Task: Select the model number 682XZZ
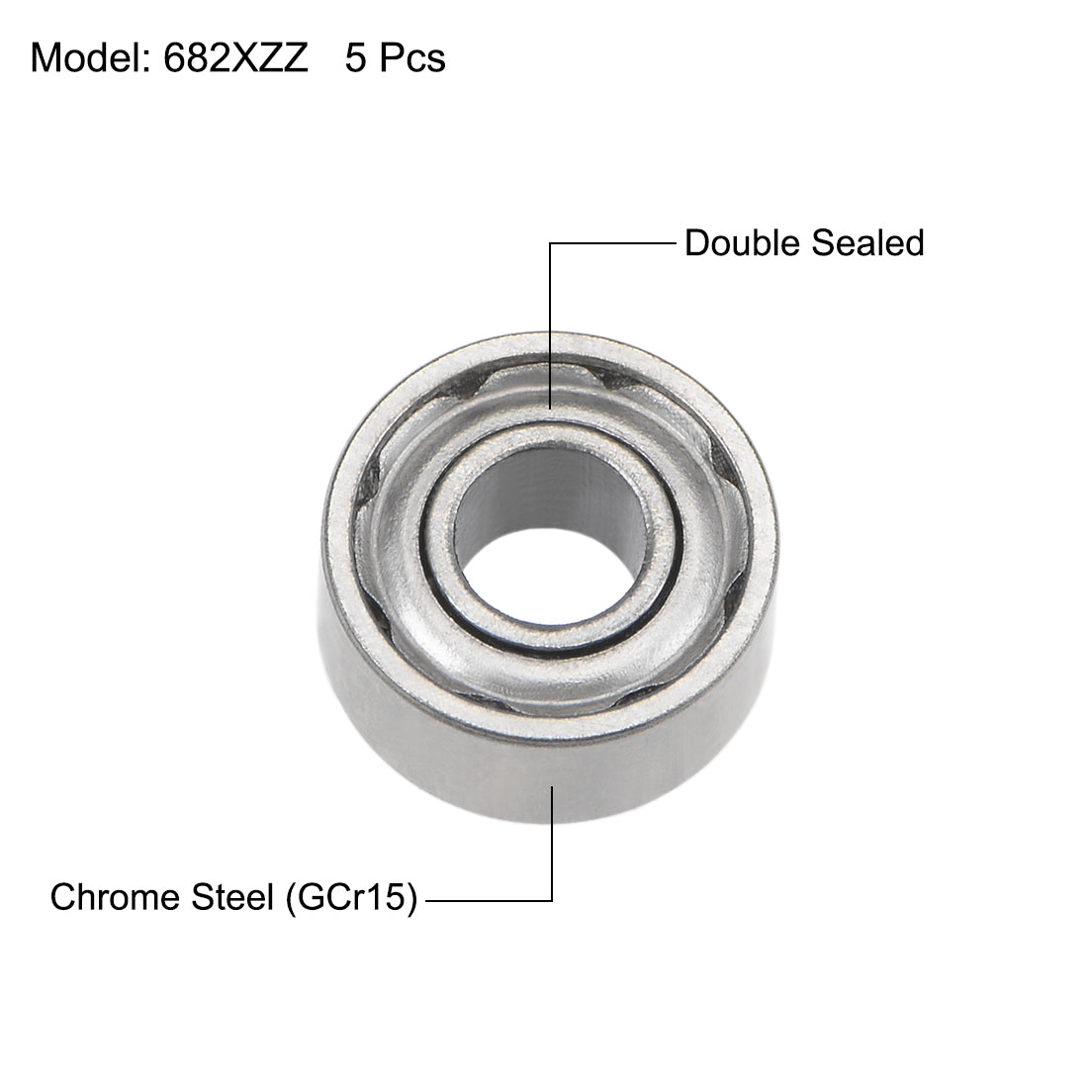click(x=229, y=59)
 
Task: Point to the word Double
click(x=741, y=242)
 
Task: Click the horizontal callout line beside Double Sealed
click(x=613, y=242)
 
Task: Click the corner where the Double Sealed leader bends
click(x=551, y=242)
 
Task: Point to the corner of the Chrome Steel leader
click(x=551, y=900)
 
